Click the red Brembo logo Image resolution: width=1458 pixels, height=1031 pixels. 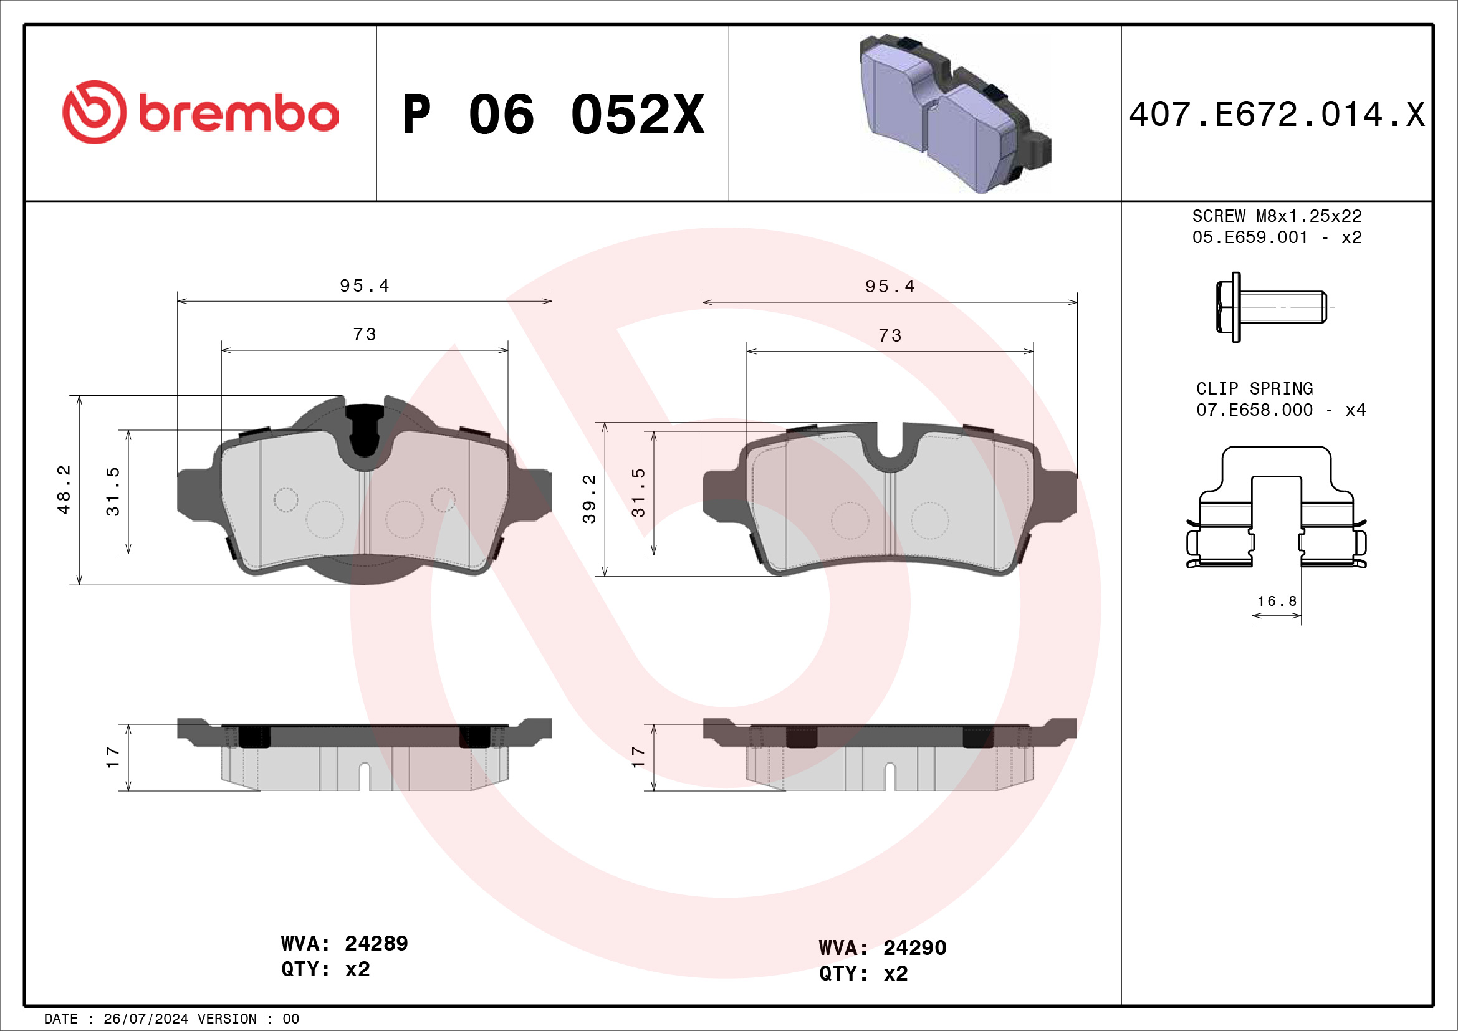coord(200,112)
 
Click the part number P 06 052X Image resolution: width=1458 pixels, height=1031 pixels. coord(553,115)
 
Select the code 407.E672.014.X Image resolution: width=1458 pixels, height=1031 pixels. coord(1277,115)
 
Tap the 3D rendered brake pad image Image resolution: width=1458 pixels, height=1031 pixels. coord(952,114)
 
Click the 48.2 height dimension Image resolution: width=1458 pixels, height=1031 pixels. coord(64,489)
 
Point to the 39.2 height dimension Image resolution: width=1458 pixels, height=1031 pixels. coord(589,499)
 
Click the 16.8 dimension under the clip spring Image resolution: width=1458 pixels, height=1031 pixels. coord(1277,600)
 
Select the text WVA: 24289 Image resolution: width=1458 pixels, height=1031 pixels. coord(344,943)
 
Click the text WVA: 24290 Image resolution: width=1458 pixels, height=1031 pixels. coord(882,948)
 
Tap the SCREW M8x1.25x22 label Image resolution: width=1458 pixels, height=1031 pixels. coord(1277,216)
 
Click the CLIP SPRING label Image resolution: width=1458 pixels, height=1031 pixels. coord(1254,388)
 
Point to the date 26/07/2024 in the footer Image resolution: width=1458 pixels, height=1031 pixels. coord(145,1019)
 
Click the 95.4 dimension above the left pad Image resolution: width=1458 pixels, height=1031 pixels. coord(365,285)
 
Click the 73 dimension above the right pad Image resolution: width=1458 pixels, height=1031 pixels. coord(890,335)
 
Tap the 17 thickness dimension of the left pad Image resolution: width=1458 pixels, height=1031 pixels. coord(112,757)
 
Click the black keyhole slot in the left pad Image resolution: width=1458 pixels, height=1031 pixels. coord(364,429)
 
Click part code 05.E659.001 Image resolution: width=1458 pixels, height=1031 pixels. coord(1250,237)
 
